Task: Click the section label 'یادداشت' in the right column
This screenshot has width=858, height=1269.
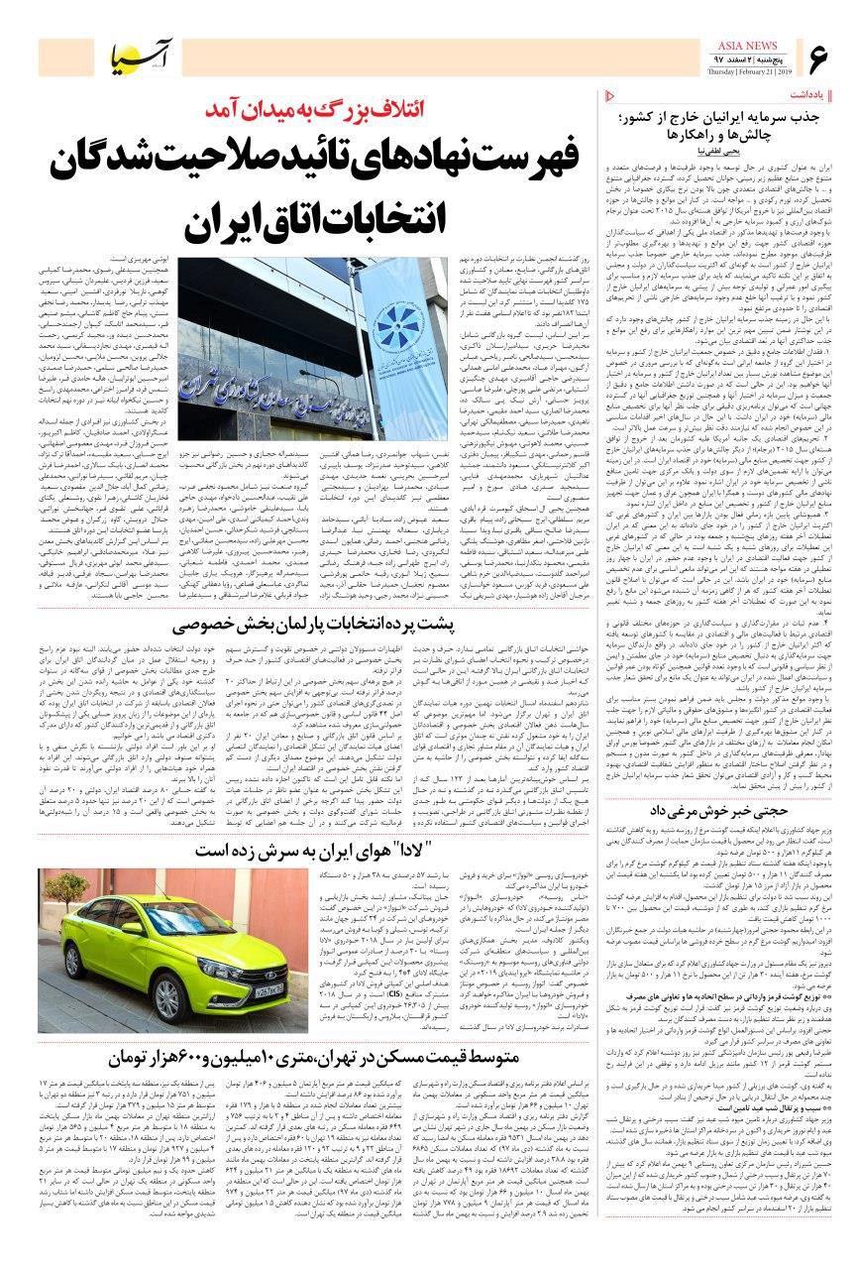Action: click(x=817, y=94)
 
